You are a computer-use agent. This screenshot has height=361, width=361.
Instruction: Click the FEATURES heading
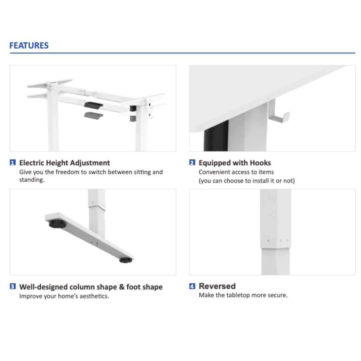[29, 45]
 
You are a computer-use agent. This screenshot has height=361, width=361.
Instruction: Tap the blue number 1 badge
[13, 162]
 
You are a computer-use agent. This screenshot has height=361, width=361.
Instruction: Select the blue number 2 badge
[192, 162]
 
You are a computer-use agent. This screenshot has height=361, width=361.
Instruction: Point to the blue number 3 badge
[13, 286]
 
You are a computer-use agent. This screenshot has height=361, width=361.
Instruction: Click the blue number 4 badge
[192, 286]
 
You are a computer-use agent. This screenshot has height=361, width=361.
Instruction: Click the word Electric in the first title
[31, 163]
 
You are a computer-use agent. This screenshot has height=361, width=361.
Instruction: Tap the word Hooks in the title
[260, 163]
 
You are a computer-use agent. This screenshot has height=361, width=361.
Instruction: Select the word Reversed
[217, 286]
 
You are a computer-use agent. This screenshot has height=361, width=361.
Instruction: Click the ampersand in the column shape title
[122, 287]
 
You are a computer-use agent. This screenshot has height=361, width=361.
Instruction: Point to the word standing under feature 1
[32, 180]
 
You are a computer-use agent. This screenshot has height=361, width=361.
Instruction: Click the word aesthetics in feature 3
[94, 296]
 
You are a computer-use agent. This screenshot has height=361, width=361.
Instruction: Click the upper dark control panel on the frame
[94, 106]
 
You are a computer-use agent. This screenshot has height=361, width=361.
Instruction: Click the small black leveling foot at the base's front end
[126, 260]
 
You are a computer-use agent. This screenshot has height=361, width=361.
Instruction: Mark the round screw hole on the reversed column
[268, 241]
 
